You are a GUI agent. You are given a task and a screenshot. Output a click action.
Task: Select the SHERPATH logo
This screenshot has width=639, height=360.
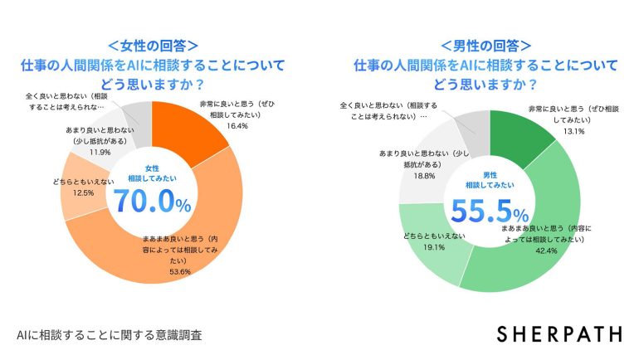[x=559, y=333]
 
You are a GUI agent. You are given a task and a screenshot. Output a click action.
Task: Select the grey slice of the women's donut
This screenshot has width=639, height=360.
[x=139, y=114]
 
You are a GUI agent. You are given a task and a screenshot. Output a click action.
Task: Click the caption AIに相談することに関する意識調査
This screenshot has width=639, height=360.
[x=108, y=335]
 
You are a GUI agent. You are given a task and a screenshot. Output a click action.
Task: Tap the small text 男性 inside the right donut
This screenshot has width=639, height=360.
[x=490, y=175]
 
